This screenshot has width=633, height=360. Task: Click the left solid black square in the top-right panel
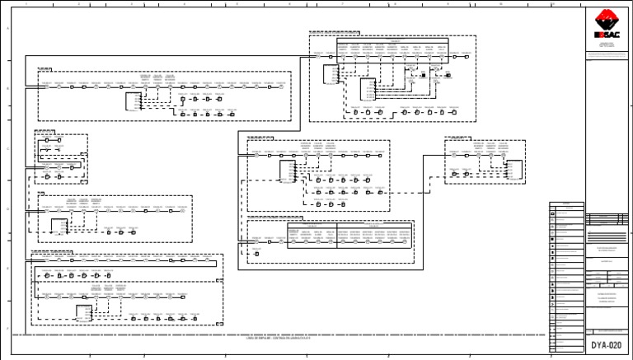[x=421, y=75]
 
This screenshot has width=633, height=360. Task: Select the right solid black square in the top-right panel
[x=447, y=75]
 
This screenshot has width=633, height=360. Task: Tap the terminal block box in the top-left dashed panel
[x=133, y=101]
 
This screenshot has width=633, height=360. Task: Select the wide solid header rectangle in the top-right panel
[x=392, y=48]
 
